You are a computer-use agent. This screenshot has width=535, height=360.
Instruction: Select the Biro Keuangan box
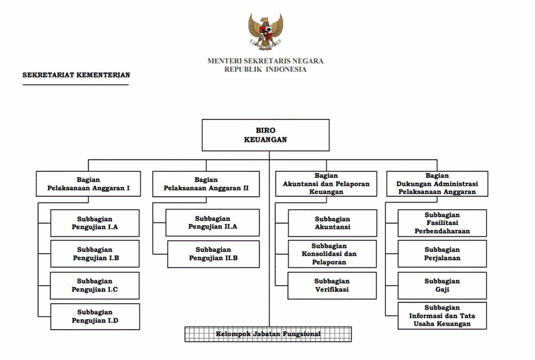(x=265, y=135)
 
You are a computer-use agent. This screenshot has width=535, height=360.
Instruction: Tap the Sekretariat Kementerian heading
(x=76, y=75)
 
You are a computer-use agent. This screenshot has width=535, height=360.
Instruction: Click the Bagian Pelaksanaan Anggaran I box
(x=88, y=184)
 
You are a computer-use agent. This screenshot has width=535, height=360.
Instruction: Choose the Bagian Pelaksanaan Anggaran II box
(x=206, y=184)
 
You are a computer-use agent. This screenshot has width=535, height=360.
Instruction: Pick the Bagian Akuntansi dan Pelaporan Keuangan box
(x=326, y=184)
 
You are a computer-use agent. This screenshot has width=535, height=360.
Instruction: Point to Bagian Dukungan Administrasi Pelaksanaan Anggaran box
(x=437, y=184)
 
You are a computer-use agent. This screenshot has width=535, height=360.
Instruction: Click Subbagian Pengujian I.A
(x=95, y=223)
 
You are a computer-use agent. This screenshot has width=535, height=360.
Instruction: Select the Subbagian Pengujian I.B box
(x=95, y=254)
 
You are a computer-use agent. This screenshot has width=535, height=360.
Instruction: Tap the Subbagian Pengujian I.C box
(x=95, y=285)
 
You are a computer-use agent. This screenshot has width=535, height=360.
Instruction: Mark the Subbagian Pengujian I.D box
(x=95, y=316)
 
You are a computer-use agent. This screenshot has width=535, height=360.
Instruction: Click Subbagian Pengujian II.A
(x=213, y=223)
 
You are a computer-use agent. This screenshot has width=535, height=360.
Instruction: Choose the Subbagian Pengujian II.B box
(x=213, y=254)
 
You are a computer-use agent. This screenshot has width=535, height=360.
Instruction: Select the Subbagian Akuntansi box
(x=332, y=223)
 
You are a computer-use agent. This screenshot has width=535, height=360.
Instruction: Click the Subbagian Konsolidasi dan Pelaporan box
(x=332, y=254)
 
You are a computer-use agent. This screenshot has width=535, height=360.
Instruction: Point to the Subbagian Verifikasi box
(x=332, y=285)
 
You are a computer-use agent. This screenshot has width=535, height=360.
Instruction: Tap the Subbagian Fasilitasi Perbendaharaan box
(x=442, y=223)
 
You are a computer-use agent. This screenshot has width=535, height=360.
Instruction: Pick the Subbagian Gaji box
(x=442, y=285)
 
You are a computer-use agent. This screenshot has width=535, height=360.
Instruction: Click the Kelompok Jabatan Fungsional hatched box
(x=268, y=334)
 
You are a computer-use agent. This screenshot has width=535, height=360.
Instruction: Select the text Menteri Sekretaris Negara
(x=265, y=61)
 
